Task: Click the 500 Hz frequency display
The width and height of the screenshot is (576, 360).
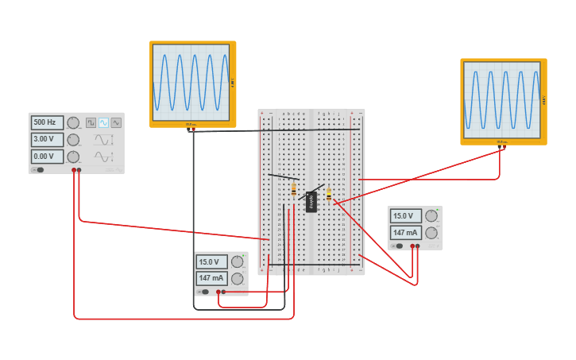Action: pyautogui.click(x=47, y=122)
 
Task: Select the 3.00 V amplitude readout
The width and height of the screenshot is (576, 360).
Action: pyautogui.click(x=47, y=140)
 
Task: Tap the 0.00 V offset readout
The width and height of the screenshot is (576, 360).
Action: pyautogui.click(x=47, y=157)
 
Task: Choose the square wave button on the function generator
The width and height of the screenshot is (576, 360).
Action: pyautogui.click(x=91, y=122)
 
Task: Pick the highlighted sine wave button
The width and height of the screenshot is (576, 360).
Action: pyautogui.click(x=103, y=122)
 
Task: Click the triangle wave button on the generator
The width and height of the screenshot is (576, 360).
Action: pyautogui.click(x=116, y=122)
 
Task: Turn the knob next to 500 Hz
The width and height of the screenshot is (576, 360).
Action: pyautogui.click(x=73, y=122)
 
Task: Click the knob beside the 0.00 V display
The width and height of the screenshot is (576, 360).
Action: pyautogui.click(x=73, y=157)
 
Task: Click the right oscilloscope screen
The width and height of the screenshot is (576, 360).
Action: pyautogui.click(x=501, y=100)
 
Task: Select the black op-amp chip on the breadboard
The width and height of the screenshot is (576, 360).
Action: pyautogui.click(x=311, y=202)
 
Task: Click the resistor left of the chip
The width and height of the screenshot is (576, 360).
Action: pyautogui.click(x=294, y=189)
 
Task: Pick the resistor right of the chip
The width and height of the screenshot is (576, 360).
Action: pyautogui.click(x=329, y=195)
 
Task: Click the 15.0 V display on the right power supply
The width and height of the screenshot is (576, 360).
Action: pyautogui.click(x=405, y=216)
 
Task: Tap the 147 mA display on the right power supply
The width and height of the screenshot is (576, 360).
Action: pyautogui.click(x=405, y=233)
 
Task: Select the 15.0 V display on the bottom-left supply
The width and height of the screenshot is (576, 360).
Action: pyautogui.click(x=211, y=261)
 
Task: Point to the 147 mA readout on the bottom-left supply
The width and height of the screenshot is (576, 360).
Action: pyautogui.click(x=211, y=278)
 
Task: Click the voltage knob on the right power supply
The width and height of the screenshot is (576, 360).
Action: pyautogui.click(x=431, y=216)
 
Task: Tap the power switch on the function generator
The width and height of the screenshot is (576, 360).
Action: pyautogui.click(x=37, y=169)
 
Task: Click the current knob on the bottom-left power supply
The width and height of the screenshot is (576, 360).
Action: pyautogui.click(x=237, y=278)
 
